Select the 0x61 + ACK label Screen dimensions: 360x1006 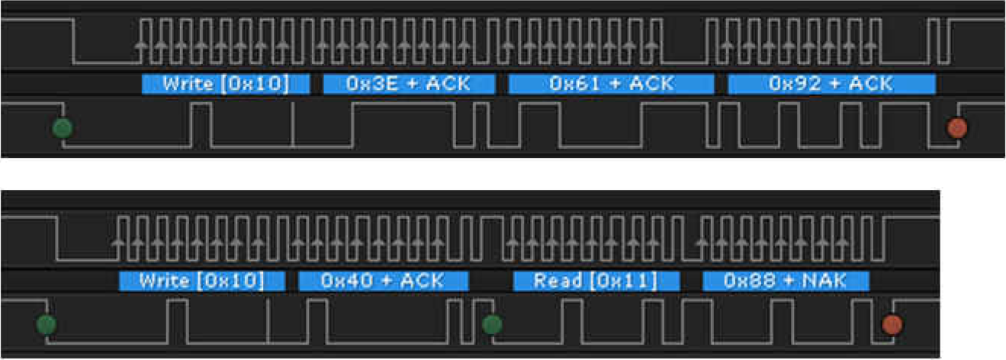coord(611,84)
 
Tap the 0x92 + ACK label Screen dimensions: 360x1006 coord(831,84)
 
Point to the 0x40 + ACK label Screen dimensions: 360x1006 coord(383,281)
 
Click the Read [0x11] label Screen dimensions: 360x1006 coord(596,281)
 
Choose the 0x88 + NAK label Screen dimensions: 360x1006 coord(786,281)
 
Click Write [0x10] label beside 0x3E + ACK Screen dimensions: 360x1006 coord(226,84)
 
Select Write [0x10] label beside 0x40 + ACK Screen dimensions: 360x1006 coord(202,281)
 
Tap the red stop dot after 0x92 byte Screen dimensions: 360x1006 coord(956,127)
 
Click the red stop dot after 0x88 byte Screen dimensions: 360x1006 coord(892,325)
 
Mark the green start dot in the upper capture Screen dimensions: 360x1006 coord(63,127)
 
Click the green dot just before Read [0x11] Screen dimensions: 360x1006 coord(493,325)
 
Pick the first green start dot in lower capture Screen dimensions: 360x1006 coord(47,325)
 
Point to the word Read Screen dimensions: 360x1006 coord(558,281)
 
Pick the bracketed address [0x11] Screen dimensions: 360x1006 coord(623,281)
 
